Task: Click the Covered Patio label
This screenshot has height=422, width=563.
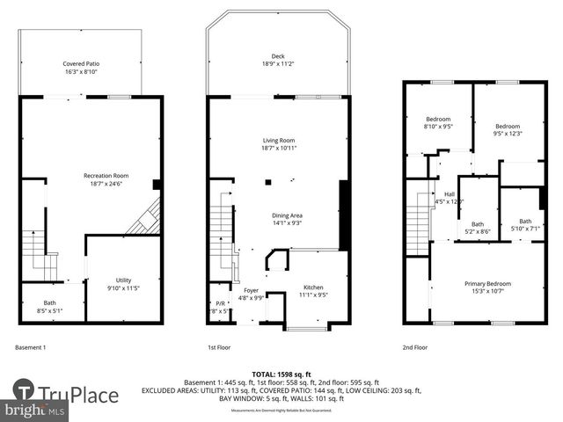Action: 80,69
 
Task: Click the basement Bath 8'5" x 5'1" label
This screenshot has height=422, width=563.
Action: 49,306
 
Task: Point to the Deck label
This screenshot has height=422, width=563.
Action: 278,61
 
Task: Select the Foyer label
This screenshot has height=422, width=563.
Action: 252,294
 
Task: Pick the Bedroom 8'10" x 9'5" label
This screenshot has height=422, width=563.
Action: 438,123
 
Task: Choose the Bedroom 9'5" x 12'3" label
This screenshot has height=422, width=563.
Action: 508,129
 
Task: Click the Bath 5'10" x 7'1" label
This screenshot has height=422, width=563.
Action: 525,225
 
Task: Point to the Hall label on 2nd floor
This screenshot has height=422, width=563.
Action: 450,198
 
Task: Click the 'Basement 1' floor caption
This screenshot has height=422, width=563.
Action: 33,347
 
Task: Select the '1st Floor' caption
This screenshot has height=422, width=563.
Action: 219,347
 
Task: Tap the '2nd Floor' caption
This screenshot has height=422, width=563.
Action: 415,347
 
